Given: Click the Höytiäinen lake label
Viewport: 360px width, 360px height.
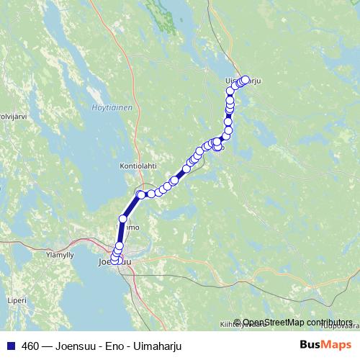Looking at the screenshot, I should (x=112, y=108).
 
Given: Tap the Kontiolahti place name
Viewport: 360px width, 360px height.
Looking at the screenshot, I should (x=138, y=166).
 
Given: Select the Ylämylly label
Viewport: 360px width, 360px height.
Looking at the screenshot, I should (x=60, y=255).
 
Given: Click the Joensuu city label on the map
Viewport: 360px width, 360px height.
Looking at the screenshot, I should (x=115, y=264).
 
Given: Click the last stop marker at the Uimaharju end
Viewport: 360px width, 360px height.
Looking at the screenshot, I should (x=246, y=80).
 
